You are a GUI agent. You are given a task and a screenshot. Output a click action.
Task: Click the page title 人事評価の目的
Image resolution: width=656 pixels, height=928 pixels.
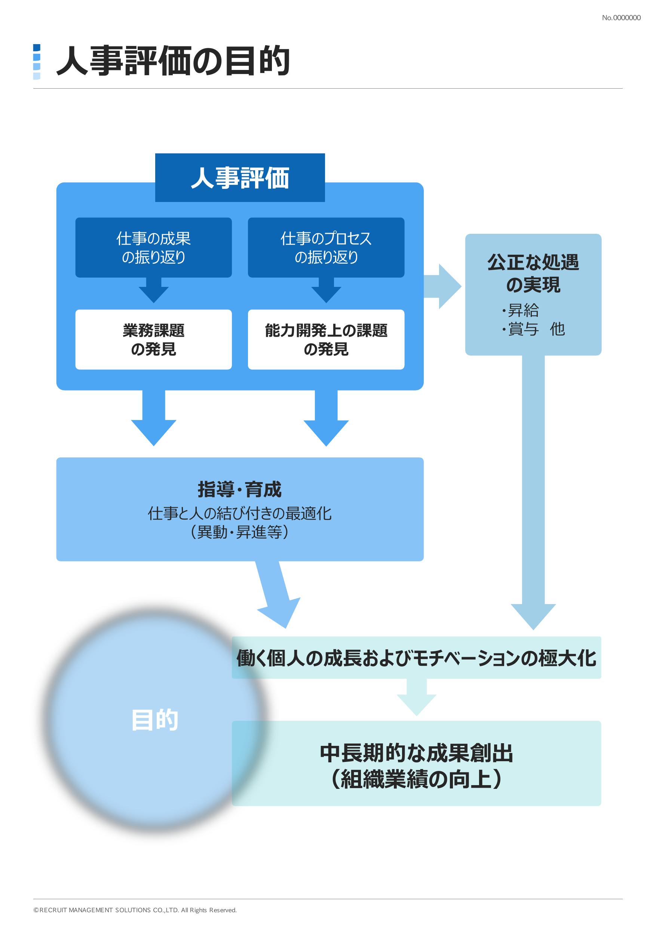click(173, 61)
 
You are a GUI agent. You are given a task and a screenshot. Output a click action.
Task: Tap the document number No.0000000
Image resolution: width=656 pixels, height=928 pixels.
click(621, 18)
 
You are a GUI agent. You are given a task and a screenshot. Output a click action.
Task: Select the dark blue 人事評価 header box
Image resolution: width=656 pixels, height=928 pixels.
click(240, 178)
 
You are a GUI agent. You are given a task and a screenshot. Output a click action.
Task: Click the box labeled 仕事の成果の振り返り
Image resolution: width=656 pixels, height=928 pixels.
click(154, 247)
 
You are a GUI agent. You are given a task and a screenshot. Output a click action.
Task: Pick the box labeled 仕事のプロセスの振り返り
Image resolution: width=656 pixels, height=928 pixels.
click(326, 247)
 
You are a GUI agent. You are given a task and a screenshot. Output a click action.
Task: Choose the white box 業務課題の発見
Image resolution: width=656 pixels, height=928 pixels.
click(154, 340)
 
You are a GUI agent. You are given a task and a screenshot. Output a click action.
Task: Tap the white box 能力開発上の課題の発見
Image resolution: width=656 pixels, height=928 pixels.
click(326, 340)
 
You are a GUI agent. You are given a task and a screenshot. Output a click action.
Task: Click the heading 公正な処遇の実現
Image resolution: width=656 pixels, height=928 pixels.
click(533, 273)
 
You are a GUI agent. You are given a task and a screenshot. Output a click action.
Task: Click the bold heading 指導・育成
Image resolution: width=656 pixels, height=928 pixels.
click(240, 490)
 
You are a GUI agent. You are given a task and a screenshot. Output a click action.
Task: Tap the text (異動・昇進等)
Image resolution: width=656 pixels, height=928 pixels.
click(240, 532)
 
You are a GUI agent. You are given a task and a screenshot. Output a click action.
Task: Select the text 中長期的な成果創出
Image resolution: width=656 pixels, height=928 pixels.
click(416, 753)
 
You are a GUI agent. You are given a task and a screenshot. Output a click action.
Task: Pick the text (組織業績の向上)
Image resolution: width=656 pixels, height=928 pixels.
click(416, 779)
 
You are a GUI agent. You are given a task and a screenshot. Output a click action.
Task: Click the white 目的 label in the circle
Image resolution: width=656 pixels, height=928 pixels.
click(155, 720)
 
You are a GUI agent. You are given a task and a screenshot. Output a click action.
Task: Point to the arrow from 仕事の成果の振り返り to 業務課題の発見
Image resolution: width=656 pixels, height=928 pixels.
click(154, 290)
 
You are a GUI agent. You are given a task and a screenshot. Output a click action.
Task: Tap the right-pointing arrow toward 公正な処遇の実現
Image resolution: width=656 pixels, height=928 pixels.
click(442, 287)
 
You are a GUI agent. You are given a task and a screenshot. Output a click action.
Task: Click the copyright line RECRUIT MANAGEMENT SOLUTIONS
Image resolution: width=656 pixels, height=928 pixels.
click(135, 910)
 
